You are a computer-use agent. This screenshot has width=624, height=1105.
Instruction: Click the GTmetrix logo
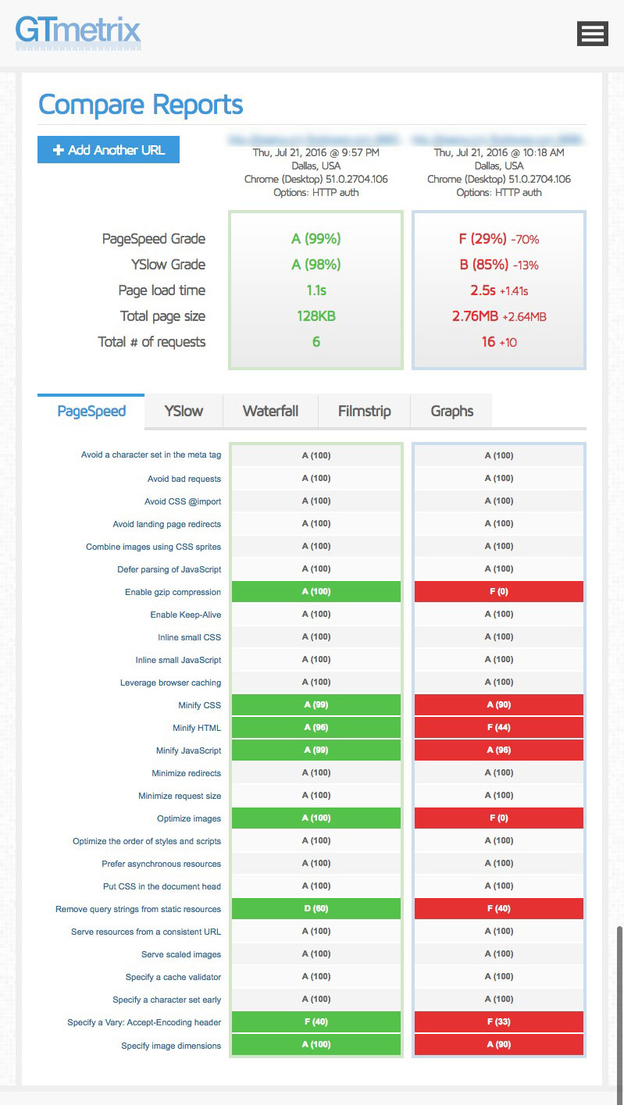pyautogui.click(x=78, y=33)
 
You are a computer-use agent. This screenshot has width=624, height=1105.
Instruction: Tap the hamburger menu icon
pyautogui.click(x=592, y=34)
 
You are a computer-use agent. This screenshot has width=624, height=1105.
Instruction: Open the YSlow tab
pyautogui.click(x=184, y=412)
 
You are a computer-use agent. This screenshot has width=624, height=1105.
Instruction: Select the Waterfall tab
pyautogui.click(x=270, y=412)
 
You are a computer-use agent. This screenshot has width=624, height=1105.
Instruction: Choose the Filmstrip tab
pyautogui.click(x=364, y=412)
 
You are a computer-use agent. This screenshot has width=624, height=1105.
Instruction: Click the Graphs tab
pyautogui.click(x=452, y=412)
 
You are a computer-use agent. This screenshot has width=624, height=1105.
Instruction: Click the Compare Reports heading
pyautogui.click(x=141, y=105)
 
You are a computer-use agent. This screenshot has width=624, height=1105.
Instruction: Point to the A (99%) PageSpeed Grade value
pyautogui.click(x=316, y=239)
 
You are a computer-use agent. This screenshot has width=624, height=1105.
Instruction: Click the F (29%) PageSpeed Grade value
pyautogui.click(x=483, y=239)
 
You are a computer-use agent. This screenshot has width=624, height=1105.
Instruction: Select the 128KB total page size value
pyautogui.click(x=316, y=316)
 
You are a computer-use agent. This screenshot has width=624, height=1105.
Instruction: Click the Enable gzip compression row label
pyautogui.click(x=173, y=592)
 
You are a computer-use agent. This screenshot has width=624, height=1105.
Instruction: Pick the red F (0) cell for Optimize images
pyautogui.click(x=498, y=818)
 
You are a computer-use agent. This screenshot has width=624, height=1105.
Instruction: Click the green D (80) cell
pyautogui.click(x=316, y=909)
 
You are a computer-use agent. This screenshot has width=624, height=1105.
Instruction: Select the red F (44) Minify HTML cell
pyautogui.click(x=498, y=728)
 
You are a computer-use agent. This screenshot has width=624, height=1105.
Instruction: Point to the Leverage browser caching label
pyautogui.click(x=170, y=683)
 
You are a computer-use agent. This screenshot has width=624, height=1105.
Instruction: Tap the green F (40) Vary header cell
pyautogui.click(x=316, y=1022)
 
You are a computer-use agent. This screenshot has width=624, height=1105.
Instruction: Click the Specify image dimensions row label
pyautogui.click(x=171, y=1046)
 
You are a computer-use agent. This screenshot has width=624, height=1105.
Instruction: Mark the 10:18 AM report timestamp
pyautogui.click(x=498, y=153)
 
